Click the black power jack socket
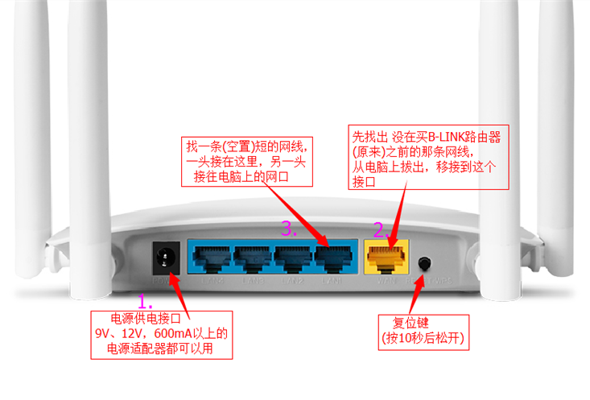coord(167,258)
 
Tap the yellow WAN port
coord(387,258)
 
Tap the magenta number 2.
coord(380,229)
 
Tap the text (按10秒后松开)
coord(423,338)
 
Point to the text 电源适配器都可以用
coord(161,349)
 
